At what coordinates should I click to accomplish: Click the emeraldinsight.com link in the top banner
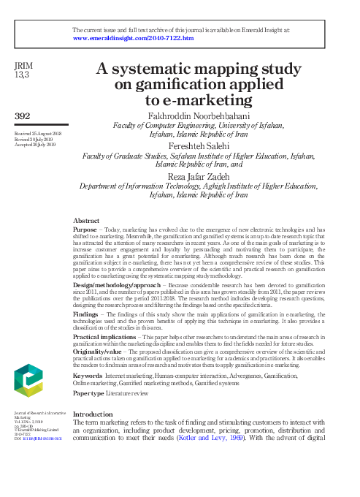point(134,38)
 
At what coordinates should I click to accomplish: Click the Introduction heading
point(99,414)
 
